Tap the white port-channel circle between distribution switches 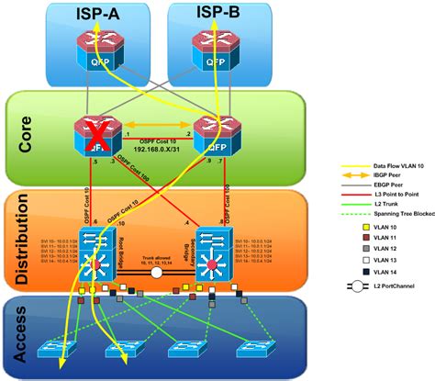click(x=156, y=248)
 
